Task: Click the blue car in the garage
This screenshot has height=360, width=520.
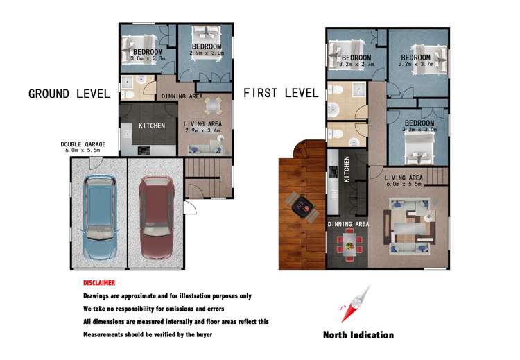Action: (99, 217)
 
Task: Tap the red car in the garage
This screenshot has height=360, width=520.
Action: (157, 217)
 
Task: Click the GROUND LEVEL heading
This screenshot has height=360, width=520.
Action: (69, 94)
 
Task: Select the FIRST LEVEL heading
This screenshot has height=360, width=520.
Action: (281, 93)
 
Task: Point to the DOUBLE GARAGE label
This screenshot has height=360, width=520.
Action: (83, 144)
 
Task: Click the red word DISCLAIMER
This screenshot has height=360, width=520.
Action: (99, 283)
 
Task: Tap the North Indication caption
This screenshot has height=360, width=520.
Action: (358, 335)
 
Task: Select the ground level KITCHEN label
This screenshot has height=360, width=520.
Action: (152, 126)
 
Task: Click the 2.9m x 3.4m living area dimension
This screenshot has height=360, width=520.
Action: (202, 130)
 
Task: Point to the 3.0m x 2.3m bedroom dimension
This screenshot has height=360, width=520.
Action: (148, 58)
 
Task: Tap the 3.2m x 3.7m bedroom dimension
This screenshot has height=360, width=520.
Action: (416, 64)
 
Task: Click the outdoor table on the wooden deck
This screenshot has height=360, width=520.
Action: (302, 207)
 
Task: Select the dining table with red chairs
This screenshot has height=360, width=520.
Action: (349, 245)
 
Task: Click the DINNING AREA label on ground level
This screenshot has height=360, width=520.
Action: (182, 96)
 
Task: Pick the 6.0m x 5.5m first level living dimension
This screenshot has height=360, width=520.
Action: (404, 184)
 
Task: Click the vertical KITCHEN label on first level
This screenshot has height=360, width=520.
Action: (347, 169)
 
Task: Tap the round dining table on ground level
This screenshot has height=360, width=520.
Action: (214, 106)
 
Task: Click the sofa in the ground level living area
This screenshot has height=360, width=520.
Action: (205, 149)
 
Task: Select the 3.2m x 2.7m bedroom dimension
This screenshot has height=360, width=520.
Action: (356, 64)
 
